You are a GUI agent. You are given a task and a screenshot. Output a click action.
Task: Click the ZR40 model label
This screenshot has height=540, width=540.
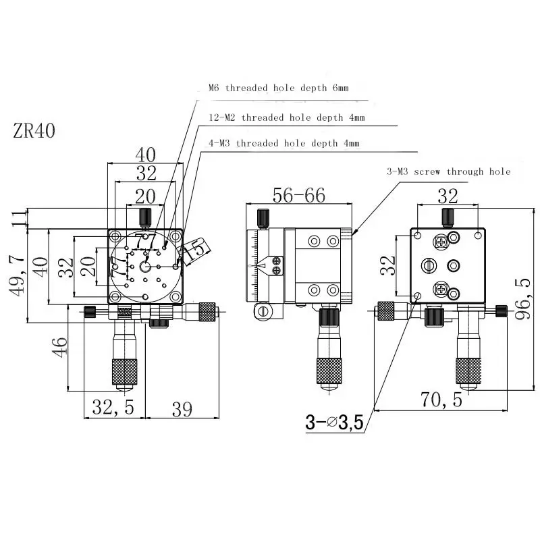click(34, 130)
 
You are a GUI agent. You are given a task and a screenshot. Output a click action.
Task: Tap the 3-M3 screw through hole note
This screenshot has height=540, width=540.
click(449, 171)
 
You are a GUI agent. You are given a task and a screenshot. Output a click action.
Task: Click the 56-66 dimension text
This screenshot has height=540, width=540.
click(298, 195)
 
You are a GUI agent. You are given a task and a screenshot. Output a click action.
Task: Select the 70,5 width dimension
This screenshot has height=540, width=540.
click(441, 400)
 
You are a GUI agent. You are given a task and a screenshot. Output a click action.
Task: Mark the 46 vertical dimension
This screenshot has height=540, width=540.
click(59, 347)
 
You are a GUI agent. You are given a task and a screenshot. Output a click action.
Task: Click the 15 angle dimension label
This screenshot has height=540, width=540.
click(194, 249)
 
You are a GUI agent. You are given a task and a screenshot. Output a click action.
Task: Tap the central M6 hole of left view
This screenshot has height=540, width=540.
click(146, 267)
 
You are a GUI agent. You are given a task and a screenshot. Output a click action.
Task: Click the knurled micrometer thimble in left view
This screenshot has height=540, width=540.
click(124, 371)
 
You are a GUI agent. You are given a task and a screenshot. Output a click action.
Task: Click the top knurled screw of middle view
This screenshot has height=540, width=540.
click(263, 217)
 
